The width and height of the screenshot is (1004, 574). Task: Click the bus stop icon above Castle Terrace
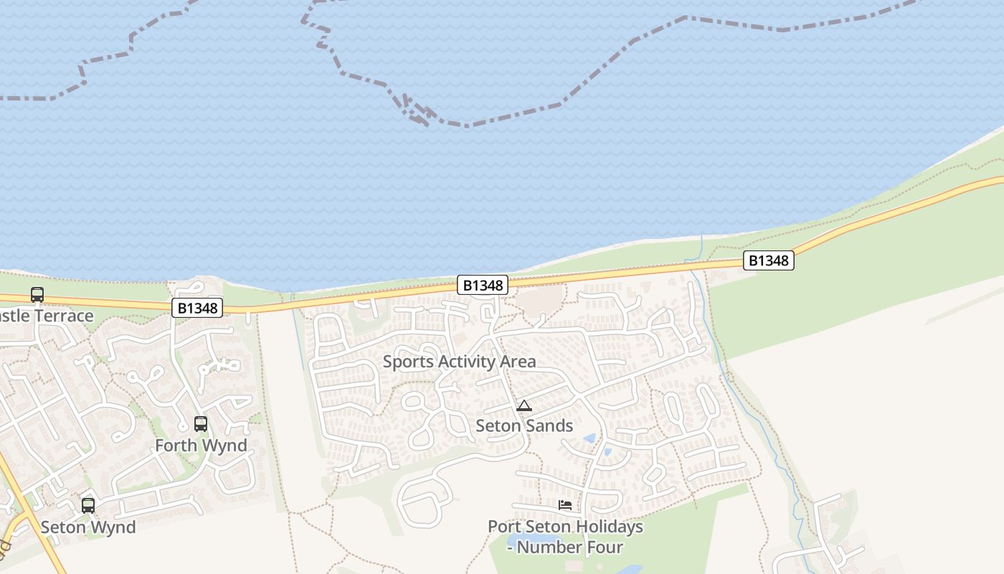pyautogui.click(x=37, y=294)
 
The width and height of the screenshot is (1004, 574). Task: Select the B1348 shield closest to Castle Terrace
pyautogui.click(x=197, y=309)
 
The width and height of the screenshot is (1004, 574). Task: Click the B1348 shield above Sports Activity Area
pyautogui.click(x=483, y=286)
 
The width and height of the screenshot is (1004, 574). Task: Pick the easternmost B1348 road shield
pyautogui.click(x=768, y=260)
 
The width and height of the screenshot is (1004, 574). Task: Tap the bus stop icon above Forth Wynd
pyautogui.click(x=201, y=423)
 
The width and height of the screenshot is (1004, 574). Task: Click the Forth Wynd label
pyautogui.click(x=201, y=446)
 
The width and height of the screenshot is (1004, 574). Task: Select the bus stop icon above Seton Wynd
pyautogui.click(x=88, y=505)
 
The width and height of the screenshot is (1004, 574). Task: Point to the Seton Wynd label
pyautogui.click(x=87, y=527)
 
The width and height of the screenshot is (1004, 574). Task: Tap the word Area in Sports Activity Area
pyautogui.click(x=516, y=362)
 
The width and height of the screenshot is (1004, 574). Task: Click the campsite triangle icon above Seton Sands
pyautogui.click(x=524, y=406)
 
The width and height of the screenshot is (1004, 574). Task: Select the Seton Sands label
pyautogui.click(x=524, y=425)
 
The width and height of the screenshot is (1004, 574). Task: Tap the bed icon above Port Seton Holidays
pyautogui.click(x=565, y=505)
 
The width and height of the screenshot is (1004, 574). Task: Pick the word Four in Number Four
pyautogui.click(x=604, y=547)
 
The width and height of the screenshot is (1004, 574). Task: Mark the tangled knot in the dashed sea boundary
pyautogui.click(x=416, y=110)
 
